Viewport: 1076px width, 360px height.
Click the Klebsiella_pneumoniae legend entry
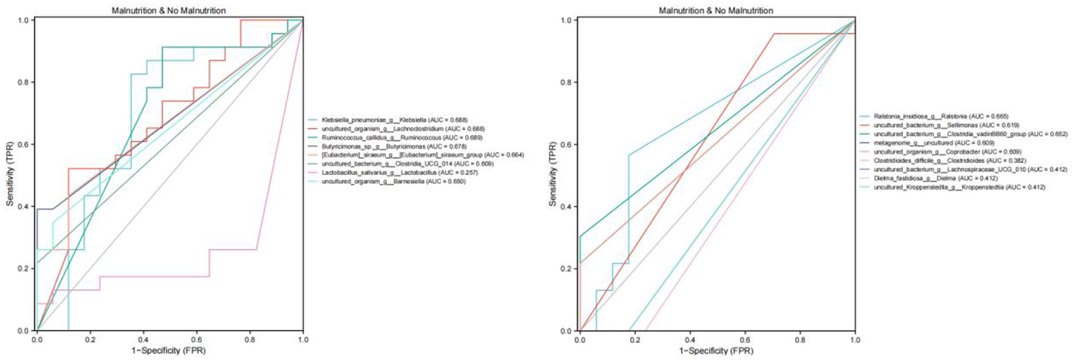[394, 120]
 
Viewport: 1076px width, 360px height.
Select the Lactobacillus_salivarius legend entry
[392, 172]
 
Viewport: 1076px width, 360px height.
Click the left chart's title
[169, 10]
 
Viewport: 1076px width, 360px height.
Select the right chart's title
[716, 10]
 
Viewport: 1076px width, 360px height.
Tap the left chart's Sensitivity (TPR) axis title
[10, 175]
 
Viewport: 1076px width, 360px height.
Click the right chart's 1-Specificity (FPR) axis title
[716, 351]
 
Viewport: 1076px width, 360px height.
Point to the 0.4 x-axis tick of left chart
[143, 340]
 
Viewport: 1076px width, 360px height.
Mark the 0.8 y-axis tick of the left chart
[24, 83]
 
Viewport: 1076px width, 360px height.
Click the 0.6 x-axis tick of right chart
[745, 340]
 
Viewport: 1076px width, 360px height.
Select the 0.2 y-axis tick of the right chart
[565, 269]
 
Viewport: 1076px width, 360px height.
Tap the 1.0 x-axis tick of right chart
[855, 340]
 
